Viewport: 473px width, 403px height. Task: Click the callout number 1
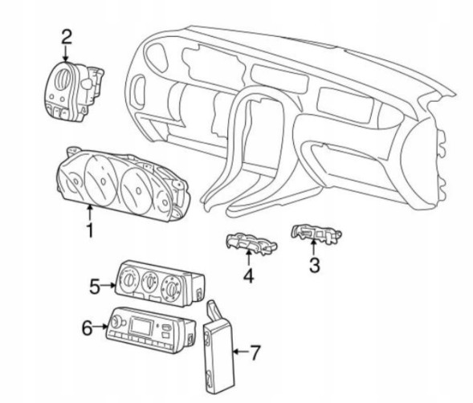click(90, 230)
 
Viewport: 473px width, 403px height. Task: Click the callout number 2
click(67, 36)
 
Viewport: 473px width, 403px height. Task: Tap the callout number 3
click(315, 265)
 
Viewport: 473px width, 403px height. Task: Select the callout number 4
click(249, 275)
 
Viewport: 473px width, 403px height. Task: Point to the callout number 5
click(95, 286)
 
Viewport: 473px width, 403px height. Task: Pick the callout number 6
click(88, 328)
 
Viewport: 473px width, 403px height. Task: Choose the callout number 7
click(255, 352)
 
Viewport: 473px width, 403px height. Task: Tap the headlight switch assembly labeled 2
click(74, 92)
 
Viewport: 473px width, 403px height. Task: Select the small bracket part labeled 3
click(316, 234)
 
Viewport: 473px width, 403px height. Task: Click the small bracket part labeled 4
click(251, 243)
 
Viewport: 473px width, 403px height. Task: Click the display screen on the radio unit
click(141, 326)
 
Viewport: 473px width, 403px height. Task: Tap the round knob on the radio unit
click(116, 322)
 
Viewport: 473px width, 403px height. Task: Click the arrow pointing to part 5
click(108, 285)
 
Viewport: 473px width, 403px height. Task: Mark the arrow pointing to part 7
click(241, 352)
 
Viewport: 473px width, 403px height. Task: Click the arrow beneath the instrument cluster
click(90, 213)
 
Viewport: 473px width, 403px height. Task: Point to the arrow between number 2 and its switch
click(66, 55)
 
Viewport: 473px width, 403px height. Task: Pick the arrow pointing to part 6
click(100, 327)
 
